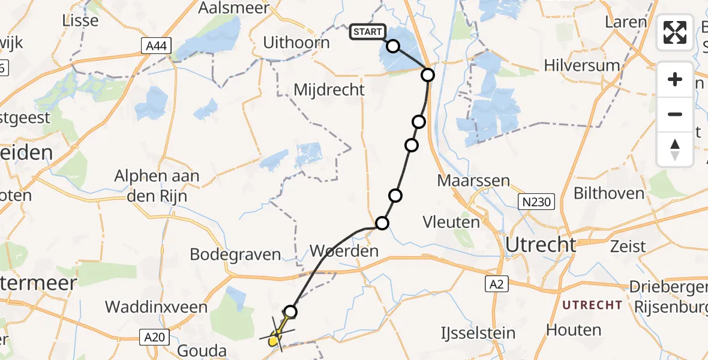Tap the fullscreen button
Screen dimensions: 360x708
pos(675,32)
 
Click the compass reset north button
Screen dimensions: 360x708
pos(675,149)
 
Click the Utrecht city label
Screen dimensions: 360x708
pos(541,245)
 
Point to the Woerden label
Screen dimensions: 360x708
pos(344,250)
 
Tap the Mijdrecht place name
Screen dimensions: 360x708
pos(329,90)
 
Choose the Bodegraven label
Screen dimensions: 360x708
pos(235,254)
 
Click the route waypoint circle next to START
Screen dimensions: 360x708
pos(393,46)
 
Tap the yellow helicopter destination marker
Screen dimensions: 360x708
pos(275,338)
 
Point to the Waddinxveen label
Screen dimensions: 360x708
pos(156,307)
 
